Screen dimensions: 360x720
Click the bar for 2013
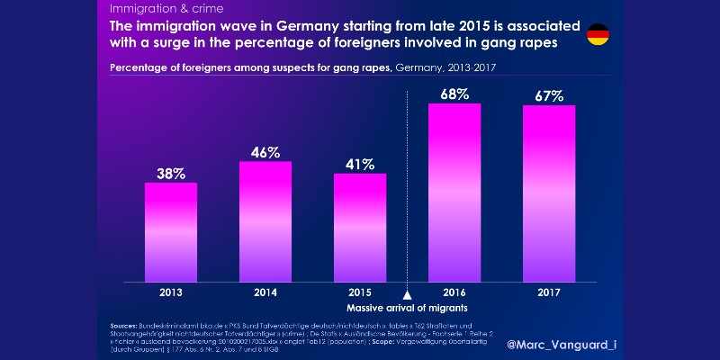coord(171,232)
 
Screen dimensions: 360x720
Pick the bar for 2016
coord(454,193)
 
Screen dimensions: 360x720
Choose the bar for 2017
coord(548,193)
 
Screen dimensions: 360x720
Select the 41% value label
coord(360,166)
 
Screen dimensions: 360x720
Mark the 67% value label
coord(548,96)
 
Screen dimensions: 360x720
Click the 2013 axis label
coord(171,293)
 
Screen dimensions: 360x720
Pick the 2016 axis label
coord(454,293)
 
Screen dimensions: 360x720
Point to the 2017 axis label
coord(548,293)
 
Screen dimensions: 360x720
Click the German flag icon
coord(597,35)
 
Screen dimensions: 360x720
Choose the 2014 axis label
coord(265,293)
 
